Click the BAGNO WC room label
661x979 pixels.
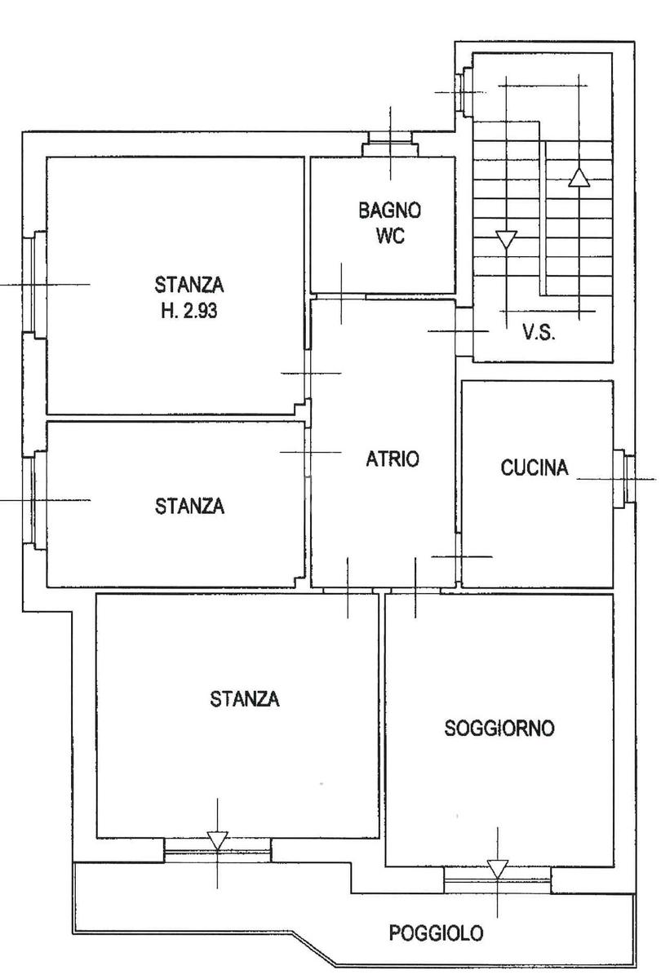pyautogui.click(x=390, y=223)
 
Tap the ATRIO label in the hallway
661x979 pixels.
pyautogui.click(x=393, y=458)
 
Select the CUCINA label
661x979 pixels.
pyautogui.click(x=535, y=467)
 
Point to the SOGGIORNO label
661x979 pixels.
pyautogui.click(x=499, y=728)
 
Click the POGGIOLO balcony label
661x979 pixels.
pyautogui.click(x=436, y=933)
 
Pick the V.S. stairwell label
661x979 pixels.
pyautogui.click(x=539, y=333)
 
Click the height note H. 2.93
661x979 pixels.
pyautogui.click(x=189, y=311)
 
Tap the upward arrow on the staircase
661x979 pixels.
pyautogui.click(x=579, y=178)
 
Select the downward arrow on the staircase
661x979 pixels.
pyautogui.click(x=506, y=240)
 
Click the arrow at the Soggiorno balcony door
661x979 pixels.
pyautogui.click(x=497, y=869)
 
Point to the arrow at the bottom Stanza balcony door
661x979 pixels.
pyautogui.click(x=217, y=841)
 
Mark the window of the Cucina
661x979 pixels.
pyautogui.click(x=624, y=479)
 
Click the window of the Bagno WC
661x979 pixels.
pyautogui.click(x=390, y=144)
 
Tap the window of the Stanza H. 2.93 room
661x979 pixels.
pyautogui.click(x=34, y=285)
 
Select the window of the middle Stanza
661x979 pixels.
pyautogui.click(x=34, y=500)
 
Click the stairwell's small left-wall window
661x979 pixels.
pyautogui.click(x=464, y=91)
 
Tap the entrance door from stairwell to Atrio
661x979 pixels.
pyautogui.click(x=464, y=331)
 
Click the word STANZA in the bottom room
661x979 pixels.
pyautogui.click(x=244, y=699)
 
